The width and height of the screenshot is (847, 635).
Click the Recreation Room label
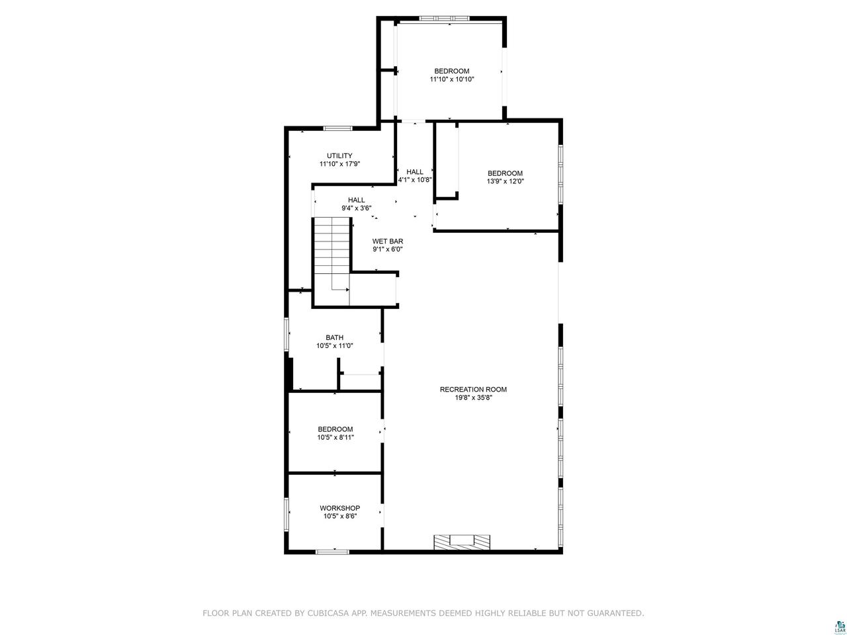(x=473, y=390)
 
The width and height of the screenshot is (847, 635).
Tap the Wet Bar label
(x=387, y=241)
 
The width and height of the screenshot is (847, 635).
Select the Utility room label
(x=339, y=155)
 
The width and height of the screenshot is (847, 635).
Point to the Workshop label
(x=339, y=508)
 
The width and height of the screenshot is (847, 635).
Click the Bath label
(x=334, y=338)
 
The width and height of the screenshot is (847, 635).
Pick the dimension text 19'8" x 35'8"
(x=474, y=398)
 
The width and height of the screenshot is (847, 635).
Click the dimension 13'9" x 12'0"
(x=505, y=181)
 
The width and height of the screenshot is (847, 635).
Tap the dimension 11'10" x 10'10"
(x=452, y=79)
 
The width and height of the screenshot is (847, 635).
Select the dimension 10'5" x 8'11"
(x=335, y=437)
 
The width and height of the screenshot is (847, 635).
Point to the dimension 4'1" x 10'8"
(x=415, y=180)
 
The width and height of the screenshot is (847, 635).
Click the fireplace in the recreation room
(x=461, y=542)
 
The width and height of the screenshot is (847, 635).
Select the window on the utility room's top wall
(x=338, y=128)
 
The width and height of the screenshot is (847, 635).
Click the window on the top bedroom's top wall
(x=444, y=18)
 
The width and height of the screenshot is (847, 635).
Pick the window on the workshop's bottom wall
(x=332, y=552)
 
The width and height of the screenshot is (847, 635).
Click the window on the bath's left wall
(x=287, y=334)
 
